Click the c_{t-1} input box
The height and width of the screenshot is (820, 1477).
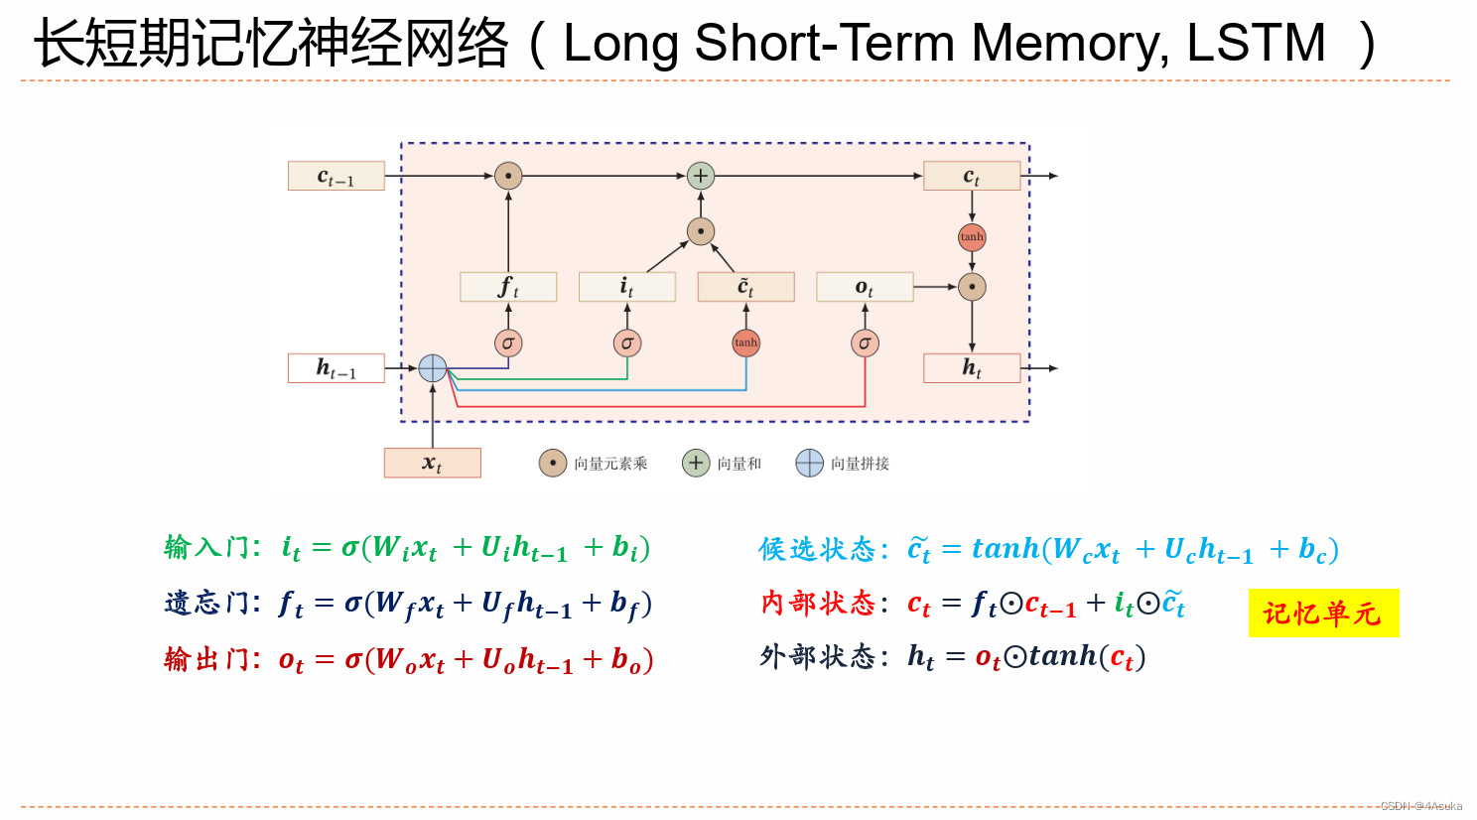(336, 176)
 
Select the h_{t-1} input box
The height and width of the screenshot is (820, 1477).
(336, 368)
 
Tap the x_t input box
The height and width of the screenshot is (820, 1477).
(432, 463)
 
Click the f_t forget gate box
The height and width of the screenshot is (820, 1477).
(508, 287)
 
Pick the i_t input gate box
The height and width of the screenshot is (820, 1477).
(626, 287)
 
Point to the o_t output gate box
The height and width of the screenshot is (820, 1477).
(865, 287)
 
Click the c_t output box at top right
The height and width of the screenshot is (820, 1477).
(972, 176)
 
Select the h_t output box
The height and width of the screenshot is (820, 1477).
(972, 368)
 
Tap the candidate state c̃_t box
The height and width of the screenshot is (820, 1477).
(745, 287)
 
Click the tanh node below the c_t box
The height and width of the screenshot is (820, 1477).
(972, 237)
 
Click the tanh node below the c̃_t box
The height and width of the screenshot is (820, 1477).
(745, 343)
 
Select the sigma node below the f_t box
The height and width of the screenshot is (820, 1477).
(508, 343)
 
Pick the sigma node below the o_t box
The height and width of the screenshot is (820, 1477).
(865, 343)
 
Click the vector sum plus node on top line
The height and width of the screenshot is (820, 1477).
(701, 176)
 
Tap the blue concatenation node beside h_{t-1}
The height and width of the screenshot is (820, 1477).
(433, 368)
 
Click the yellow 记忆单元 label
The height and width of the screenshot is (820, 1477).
(1323, 614)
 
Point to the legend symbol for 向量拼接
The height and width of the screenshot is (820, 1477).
(810, 464)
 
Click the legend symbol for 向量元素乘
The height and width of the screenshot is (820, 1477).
(553, 464)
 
